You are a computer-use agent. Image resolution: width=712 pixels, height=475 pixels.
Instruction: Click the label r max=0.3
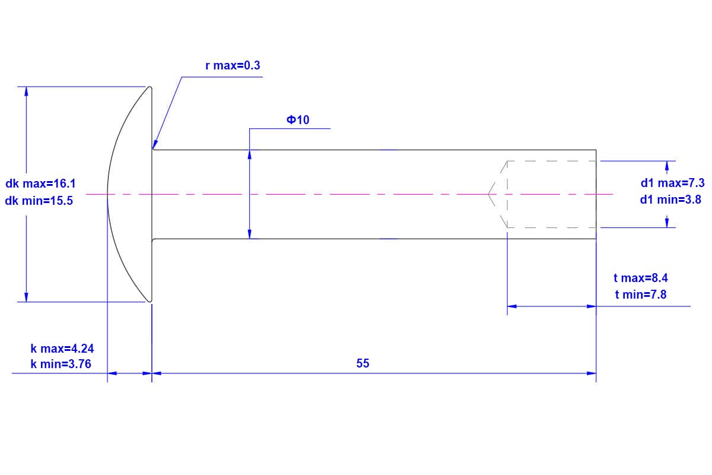coord(233,65)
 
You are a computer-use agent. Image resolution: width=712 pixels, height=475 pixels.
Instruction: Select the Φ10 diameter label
coord(298,120)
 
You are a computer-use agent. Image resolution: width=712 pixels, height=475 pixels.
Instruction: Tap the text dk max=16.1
coord(40,183)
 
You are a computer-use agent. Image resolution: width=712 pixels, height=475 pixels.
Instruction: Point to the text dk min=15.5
coord(39,201)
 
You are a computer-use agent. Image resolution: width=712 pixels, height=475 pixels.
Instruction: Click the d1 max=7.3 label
coord(673,183)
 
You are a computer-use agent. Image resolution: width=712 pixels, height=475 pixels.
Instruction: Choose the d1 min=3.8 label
coord(670,199)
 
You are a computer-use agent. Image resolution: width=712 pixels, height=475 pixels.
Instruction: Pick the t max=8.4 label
coord(640,278)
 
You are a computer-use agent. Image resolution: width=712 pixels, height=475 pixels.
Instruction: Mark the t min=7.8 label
coord(640,294)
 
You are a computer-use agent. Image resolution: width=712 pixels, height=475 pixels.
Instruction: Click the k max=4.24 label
coord(62,349)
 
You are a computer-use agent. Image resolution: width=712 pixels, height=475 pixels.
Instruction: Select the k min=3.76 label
coord(61,364)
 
